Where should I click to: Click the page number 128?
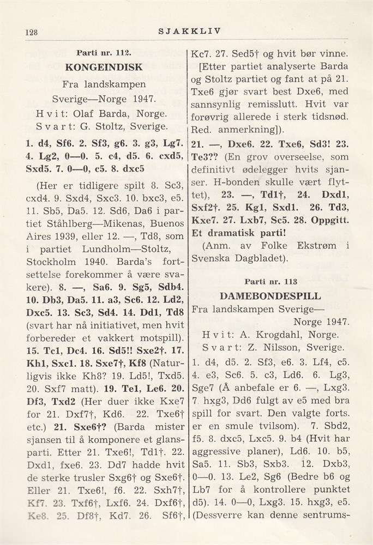click(x=31, y=32)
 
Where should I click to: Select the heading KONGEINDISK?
click(x=104, y=68)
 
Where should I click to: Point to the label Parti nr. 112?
click(x=103, y=54)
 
